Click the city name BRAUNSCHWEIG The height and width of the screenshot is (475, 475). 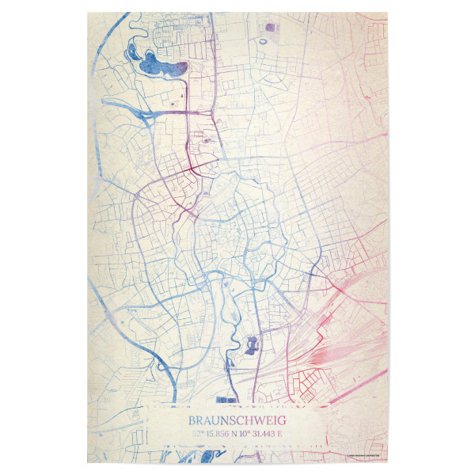(237, 422)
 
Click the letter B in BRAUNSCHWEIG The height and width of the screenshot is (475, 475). (192, 422)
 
